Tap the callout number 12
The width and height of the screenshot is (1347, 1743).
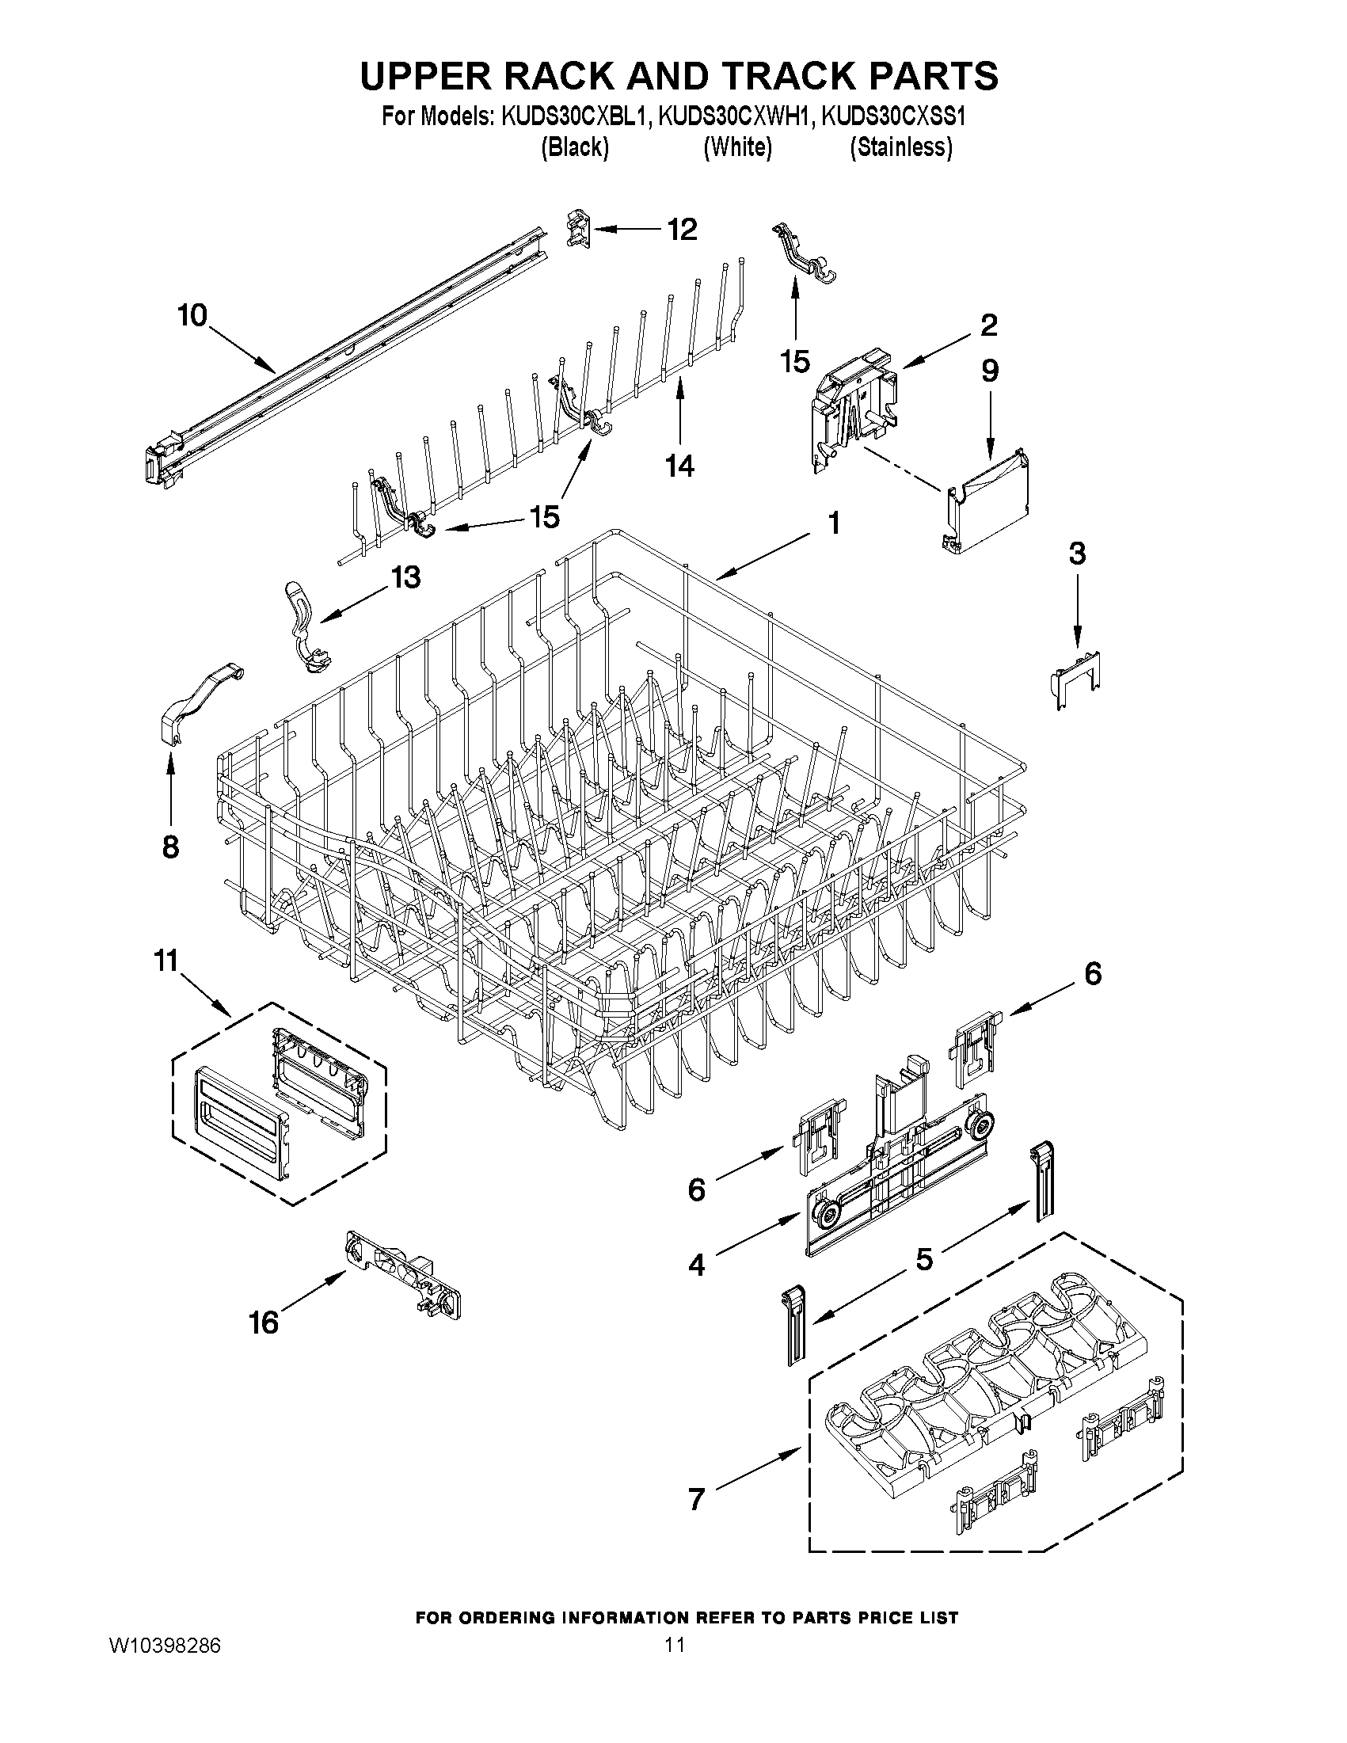pos(682,230)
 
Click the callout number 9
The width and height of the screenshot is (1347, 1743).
pos(990,371)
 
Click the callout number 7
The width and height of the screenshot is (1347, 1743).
pos(697,1500)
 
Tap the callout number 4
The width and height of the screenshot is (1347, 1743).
pos(697,1265)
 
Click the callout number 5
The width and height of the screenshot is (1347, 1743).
pos(923,1260)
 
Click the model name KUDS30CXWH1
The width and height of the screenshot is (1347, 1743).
pos(736,117)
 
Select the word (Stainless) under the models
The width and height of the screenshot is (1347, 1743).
pos(901,147)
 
